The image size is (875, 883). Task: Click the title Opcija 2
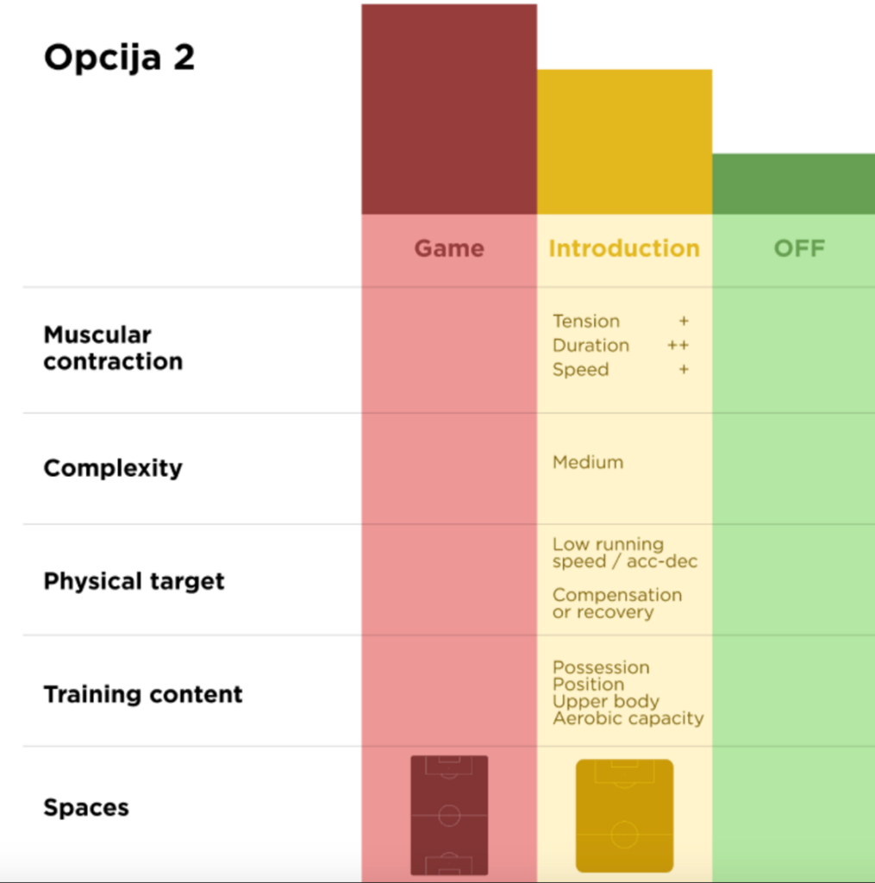119,59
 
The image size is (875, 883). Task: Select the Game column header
449,249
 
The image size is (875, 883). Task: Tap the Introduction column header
624,249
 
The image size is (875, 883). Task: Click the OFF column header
799,249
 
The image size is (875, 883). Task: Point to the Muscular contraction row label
113,348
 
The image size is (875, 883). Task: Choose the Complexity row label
113,468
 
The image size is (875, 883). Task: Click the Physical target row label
134,581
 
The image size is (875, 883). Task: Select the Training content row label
143,694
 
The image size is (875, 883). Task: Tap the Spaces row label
86,808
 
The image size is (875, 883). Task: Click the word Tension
586,322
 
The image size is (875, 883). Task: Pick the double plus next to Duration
678,346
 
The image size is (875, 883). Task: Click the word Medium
588,462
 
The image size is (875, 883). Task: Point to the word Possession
601,667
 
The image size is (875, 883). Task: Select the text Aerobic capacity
628,718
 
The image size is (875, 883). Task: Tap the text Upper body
605,701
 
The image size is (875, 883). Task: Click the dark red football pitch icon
449,815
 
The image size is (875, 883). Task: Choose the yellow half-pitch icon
624,816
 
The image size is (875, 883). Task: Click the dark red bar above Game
449,110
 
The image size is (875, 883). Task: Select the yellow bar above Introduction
624,142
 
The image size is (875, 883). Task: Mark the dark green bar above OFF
793,184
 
